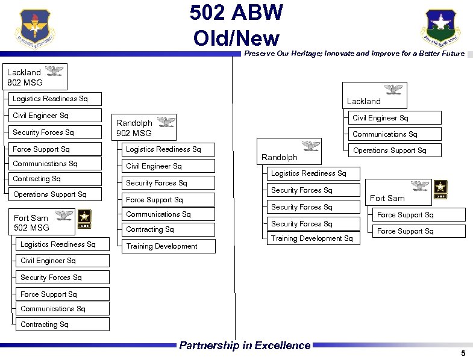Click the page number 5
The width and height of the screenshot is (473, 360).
[462, 353]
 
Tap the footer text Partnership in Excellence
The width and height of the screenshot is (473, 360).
[245, 346]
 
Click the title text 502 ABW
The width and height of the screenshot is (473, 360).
[236, 13]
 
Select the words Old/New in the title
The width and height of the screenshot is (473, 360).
[236, 38]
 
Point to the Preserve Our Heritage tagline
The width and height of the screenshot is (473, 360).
[354, 54]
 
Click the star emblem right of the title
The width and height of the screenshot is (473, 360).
[441, 28]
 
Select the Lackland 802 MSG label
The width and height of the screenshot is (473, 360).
[24, 77]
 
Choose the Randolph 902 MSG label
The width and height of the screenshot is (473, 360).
[134, 128]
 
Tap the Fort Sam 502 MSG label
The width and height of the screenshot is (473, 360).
[31, 223]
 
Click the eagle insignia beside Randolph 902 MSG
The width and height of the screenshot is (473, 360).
[166, 122]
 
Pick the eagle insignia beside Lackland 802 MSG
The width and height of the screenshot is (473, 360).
[54, 72]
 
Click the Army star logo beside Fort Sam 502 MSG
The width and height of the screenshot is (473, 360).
[82, 219]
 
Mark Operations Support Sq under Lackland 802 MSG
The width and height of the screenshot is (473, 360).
[50, 194]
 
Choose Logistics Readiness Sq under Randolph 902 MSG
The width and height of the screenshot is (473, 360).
[163, 149]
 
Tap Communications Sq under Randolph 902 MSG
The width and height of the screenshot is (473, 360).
[158, 214]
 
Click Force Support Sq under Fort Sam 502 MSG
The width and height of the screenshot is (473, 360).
[49, 294]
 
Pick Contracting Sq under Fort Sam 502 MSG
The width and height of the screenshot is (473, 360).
[45, 324]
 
